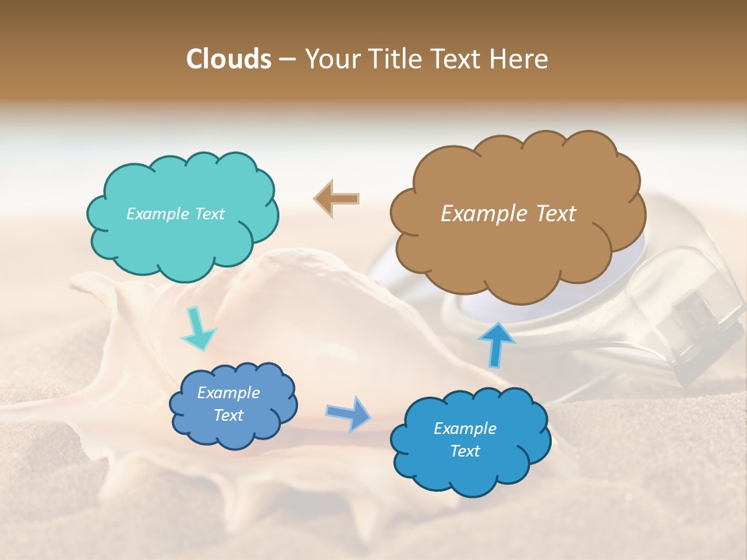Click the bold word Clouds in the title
tap(228, 59)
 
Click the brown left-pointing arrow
tap(336, 199)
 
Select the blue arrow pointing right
tap(349, 413)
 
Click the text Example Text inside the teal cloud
tap(175, 214)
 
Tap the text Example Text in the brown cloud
tap(508, 214)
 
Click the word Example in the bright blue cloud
tap(465, 429)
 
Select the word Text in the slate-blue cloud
tap(229, 415)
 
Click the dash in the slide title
tap(286, 59)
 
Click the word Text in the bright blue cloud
tap(465, 451)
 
